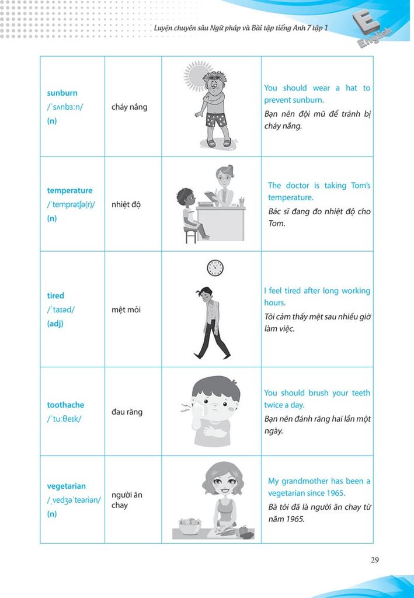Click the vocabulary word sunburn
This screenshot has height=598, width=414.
point(62,93)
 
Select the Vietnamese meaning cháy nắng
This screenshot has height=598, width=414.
point(129,107)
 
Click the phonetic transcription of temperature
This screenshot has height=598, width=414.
point(71,204)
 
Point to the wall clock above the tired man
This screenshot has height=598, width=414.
point(215,267)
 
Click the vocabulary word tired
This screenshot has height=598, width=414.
point(55,295)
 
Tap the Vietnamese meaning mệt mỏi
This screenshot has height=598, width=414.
point(126,310)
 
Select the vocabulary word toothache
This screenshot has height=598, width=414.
point(65,405)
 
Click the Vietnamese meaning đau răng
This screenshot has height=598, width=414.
point(127,412)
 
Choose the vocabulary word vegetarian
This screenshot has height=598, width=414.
point(66,486)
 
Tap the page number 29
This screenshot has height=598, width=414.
point(375,560)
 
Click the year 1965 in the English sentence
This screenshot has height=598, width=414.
point(335,493)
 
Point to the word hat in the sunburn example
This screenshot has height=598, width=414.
point(351,88)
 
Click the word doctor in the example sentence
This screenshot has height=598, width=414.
point(298,185)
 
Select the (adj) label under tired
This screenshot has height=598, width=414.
point(55,324)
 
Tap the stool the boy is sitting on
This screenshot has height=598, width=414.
point(191,234)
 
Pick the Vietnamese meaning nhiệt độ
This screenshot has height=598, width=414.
point(126,204)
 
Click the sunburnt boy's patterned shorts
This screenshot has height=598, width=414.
point(215,120)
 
